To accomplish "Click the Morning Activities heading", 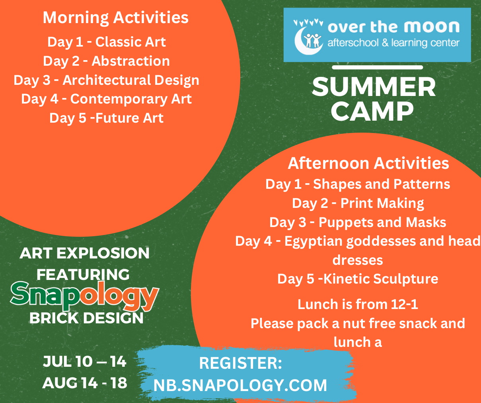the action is coord(116,18).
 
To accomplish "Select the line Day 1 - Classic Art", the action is coord(107,42).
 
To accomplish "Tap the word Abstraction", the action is coord(130,61).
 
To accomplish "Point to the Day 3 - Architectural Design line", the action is coord(107,80).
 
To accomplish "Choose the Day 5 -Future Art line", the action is coord(107,118).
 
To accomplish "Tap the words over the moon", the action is coord(394,27).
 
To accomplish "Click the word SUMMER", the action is coord(374,87).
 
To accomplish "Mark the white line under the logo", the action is coord(378,67).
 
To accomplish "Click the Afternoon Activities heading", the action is coord(368,163).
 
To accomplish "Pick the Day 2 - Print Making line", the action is coord(358,203).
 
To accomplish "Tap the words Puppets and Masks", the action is coord(382,223).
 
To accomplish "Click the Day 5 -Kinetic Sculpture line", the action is coord(358,279).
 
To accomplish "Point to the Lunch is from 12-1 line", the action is coord(358,304).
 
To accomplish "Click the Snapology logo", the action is coord(84,295).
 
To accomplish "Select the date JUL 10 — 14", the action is coord(85,361).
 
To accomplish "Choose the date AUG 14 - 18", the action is coord(85,383).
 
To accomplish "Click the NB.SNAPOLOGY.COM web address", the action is coord(240,385).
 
